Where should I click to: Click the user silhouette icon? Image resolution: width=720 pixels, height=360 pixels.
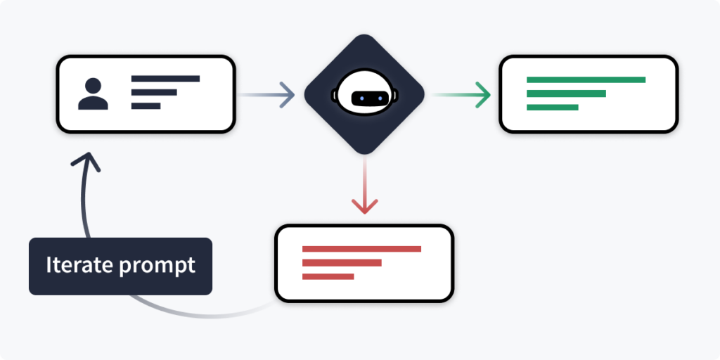(93, 94)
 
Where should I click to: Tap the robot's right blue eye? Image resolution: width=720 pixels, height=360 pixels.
(373, 97)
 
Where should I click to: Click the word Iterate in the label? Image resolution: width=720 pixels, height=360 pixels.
(76, 266)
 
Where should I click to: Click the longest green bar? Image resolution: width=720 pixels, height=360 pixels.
(586, 79)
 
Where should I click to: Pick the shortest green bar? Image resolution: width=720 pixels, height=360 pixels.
(552, 108)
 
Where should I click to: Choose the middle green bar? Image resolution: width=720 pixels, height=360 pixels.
(566, 94)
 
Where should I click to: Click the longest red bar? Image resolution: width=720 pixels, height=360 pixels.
(361, 249)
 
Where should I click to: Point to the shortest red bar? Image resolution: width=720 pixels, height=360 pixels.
(328, 277)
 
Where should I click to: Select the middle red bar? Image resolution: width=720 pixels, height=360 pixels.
(342, 263)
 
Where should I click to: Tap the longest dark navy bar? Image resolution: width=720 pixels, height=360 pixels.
(165, 78)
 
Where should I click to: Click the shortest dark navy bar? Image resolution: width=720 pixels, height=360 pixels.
(146, 106)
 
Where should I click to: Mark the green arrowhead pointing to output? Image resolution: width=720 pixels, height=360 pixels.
(482, 94)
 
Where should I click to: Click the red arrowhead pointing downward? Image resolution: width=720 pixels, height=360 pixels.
(364, 206)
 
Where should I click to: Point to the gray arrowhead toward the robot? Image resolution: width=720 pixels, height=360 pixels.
(286, 94)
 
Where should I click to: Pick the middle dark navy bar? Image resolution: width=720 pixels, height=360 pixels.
(154, 92)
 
